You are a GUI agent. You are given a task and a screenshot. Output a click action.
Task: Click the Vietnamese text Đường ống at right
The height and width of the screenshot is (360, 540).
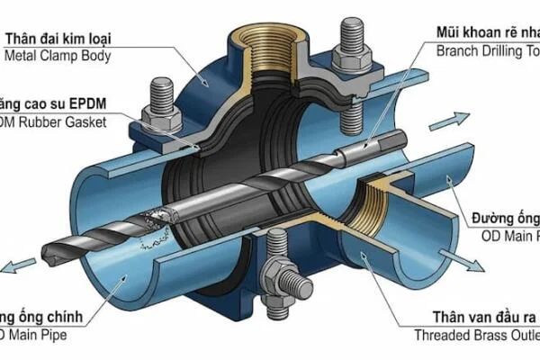(505, 219)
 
